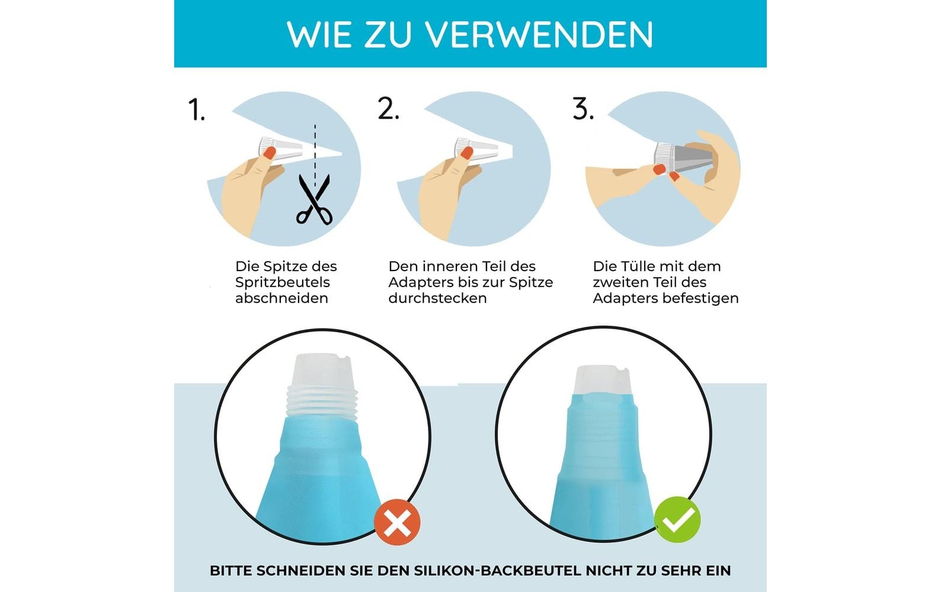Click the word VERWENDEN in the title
click(539, 34)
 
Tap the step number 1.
click(197, 110)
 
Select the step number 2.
click(388, 108)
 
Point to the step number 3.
click(583, 108)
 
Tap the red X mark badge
click(397, 522)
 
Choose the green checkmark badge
click(677, 519)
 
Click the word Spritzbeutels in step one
click(282, 283)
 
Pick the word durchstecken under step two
click(437, 298)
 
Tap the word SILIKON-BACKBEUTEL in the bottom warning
click(498, 571)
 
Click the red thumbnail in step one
click(269, 152)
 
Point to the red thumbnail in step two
click(466, 153)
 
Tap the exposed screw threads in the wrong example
click(322, 402)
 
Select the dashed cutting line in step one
click(315, 155)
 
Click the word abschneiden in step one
click(281, 298)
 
